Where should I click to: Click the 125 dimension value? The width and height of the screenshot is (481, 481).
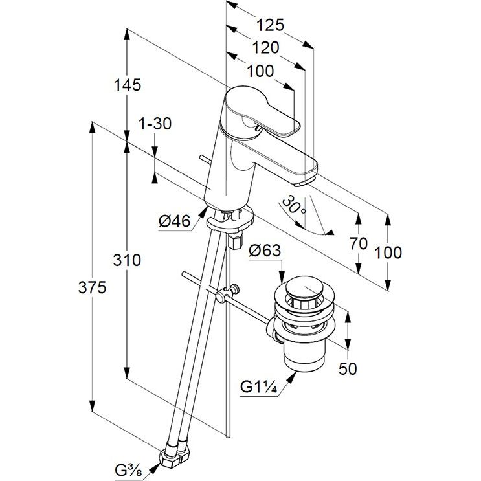(270, 26)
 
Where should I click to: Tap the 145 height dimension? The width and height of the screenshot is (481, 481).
(128, 85)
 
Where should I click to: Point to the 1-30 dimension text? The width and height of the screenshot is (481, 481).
(155, 124)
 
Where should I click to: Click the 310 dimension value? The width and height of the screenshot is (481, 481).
(128, 261)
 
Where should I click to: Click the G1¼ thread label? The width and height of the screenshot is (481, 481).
(259, 387)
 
